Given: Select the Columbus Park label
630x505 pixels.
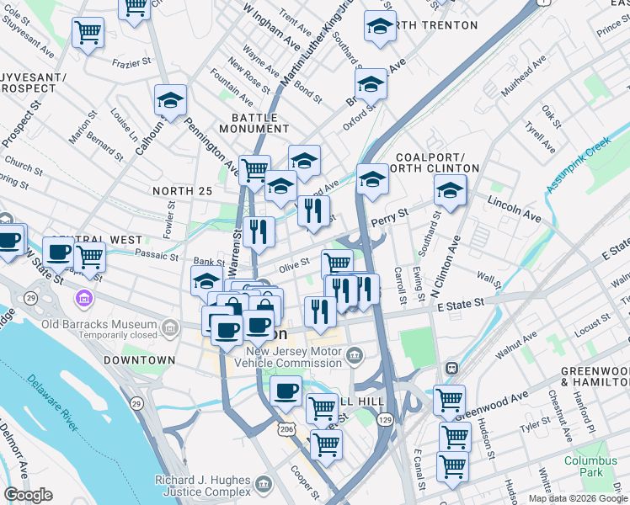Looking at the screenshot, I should point(590,466).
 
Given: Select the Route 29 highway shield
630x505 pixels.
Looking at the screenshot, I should point(30,299).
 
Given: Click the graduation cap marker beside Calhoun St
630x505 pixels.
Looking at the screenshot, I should point(170,102).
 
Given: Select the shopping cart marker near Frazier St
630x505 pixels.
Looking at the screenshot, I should point(88,33).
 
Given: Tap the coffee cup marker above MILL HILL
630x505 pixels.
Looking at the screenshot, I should point(286,390).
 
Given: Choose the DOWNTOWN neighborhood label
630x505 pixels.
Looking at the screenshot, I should point(140,360).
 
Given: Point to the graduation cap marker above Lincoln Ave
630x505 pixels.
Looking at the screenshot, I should point(450,191).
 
